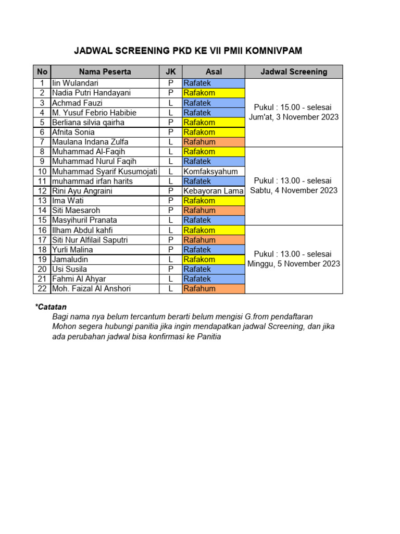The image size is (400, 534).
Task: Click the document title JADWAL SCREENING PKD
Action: pos(187,51)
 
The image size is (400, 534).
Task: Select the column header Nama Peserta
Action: pos(105,72)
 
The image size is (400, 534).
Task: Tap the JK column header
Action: pos(170,72)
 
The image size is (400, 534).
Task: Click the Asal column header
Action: pos(213,72)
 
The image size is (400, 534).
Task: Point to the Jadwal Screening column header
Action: pos(294,72)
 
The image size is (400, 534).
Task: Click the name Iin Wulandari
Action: pos(75,83)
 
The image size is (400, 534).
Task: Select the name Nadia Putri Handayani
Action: pos(91,93)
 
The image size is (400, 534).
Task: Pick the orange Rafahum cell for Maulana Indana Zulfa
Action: pos(213,142)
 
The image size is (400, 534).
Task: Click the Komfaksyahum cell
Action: pos(210,172)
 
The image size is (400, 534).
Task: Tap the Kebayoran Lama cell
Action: pos(213,191)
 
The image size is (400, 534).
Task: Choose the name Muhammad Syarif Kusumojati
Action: pos(104,172)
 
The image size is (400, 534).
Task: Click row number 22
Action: pos(42,289)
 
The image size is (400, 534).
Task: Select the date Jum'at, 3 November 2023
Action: pos(294,117)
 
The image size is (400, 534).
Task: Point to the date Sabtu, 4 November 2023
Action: pos(294,190)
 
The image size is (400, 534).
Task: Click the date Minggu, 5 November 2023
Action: pos(294,264)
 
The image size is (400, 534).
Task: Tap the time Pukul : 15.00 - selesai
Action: pos(294,107)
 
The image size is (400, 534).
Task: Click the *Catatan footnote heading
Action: pos(51,307)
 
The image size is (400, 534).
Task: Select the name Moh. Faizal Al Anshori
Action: pos(91,289)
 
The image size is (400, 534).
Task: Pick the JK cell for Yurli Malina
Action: pos(170,250)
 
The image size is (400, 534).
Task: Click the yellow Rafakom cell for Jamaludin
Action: pos(213,259)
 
